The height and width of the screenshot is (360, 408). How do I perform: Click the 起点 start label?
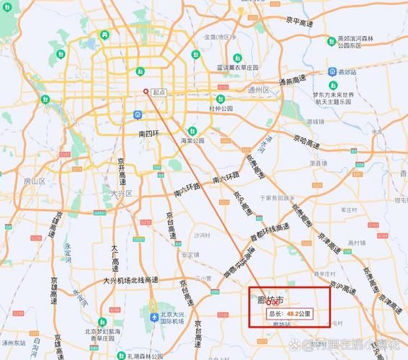(159, 93)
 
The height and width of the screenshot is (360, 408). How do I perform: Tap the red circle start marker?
(146, 91)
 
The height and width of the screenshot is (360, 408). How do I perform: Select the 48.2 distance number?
(293, 314)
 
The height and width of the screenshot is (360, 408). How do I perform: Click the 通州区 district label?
(257, 90)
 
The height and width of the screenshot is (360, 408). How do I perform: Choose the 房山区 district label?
(34, 181)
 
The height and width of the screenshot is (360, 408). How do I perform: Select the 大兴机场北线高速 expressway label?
(133, 280)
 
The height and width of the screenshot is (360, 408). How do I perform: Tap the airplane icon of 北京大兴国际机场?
(154, 318)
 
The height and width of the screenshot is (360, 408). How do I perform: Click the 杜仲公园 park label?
(222, 109)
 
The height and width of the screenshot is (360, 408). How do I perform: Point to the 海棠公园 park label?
(192, 140)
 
